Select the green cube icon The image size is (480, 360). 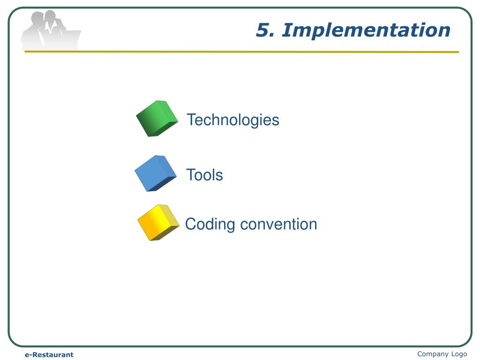click(x=157, y=118)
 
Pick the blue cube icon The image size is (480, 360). click(x=155, y=173)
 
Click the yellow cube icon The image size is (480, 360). click(x=158, y=222)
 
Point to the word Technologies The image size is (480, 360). click(x=233, y=120)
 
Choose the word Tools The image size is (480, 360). click(x=204, y=175)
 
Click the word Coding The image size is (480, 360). click(x=210, y=224)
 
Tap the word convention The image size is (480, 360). click(x=278, y=224)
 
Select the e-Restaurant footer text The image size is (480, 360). click(x=49, y=355)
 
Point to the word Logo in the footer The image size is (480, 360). click(x=459, y=354)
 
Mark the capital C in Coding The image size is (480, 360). click(x=190, y=224)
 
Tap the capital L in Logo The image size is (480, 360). click(x=453, y=354)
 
